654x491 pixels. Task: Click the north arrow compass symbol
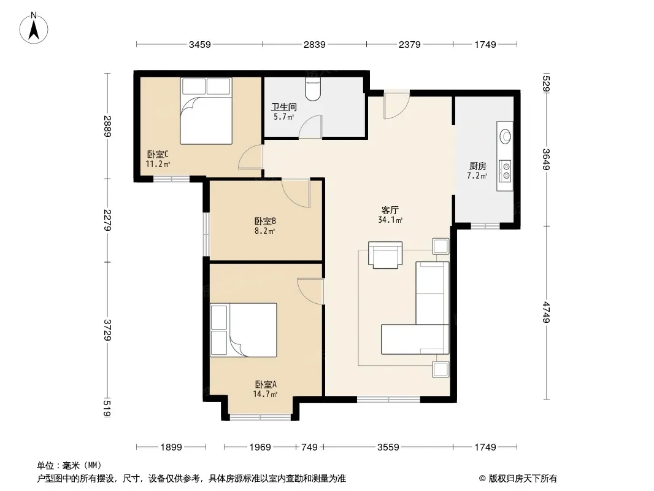[34, 28]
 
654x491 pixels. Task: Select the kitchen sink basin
[506, 136]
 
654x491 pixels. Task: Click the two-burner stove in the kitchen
[506, 171]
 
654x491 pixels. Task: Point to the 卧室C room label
[158, 154]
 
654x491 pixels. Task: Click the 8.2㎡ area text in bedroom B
[265, 231]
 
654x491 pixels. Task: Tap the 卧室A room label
[266, 384]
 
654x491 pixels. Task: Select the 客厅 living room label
[390, 210]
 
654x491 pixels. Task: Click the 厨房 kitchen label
[477, 166]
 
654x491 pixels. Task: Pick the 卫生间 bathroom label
[283, 107]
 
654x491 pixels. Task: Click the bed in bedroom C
[206, 111]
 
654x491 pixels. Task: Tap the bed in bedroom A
[244, 330]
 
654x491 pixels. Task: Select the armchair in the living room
[385, 255]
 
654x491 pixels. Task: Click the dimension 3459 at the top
[200, 45]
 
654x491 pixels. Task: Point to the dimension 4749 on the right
[547, 312]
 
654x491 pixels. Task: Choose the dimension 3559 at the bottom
[388, 447]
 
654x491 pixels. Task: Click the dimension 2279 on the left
[107, 220]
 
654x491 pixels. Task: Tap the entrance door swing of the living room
[396, 105]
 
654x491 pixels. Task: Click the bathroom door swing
[310, 126]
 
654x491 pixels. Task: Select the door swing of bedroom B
[296, 193]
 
